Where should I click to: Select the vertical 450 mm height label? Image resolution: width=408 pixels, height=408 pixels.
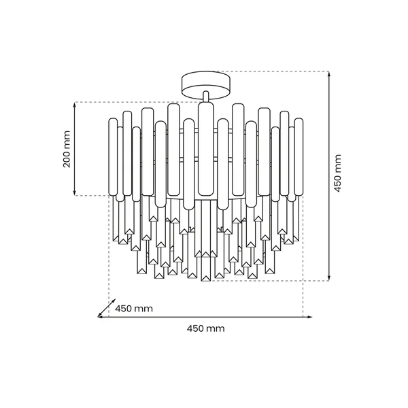[x=338, y=175]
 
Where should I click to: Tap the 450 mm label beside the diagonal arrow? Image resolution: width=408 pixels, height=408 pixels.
[x=133, y=308]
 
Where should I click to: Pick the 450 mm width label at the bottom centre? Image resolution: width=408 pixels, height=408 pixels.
[x=205, y=328]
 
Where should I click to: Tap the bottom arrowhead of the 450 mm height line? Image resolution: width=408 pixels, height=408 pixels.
[x=330, y=278]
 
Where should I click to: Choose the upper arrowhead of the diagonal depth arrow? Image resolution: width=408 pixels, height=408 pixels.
[x=109, y=303]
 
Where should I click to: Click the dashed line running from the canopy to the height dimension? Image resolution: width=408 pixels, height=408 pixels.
[x=272, y=71]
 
